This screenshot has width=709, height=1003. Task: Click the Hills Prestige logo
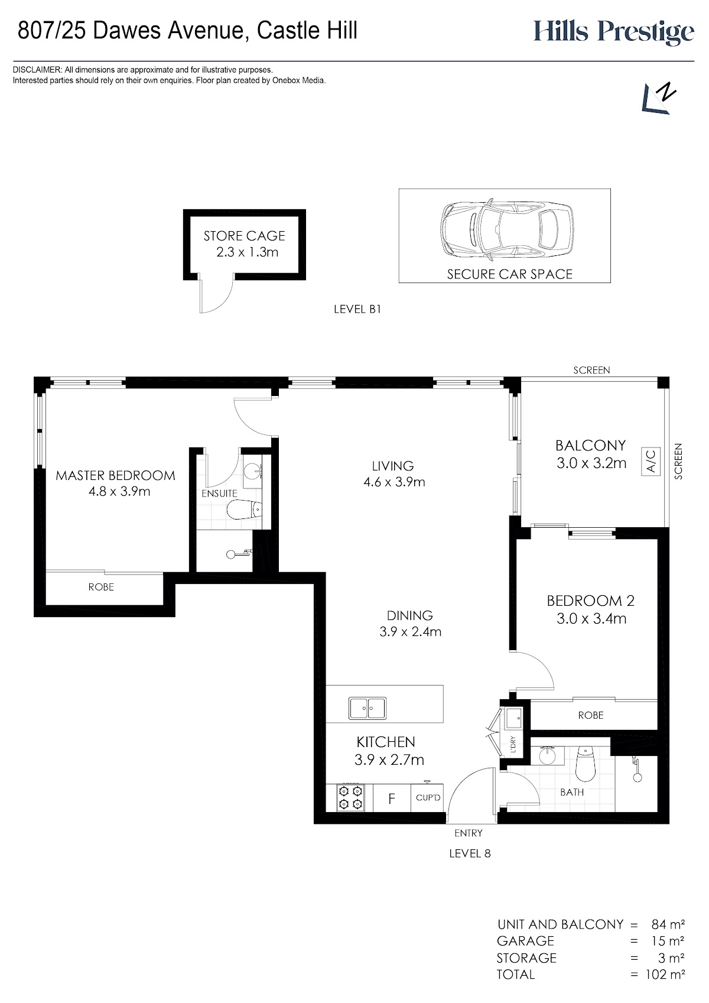pos(614,32)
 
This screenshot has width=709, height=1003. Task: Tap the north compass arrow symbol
pos(659,98)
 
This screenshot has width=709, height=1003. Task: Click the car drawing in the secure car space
pos(507,228)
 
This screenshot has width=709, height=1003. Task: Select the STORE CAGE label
pos(245,236)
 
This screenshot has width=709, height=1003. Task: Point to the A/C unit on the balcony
pos(651,461)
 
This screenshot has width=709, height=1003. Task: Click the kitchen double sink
pos(367,709)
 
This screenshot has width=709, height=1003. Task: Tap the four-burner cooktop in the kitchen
pos(350,797)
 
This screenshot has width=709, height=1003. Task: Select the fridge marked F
pos(392,798)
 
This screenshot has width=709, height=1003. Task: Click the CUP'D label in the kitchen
pos(428,798)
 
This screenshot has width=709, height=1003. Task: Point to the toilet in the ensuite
pos(245,509)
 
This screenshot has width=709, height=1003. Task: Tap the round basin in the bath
pos(547,757)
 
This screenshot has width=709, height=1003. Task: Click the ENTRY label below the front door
pos(468,833)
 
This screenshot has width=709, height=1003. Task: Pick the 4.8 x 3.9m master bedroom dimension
pos(119,492)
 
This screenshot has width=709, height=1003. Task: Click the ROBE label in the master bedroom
pos(101,586)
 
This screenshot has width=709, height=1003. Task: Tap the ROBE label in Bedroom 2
pos(591,715)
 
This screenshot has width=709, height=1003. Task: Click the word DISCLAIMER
pos(37,70)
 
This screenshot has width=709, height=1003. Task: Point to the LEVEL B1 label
pos(357,309)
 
